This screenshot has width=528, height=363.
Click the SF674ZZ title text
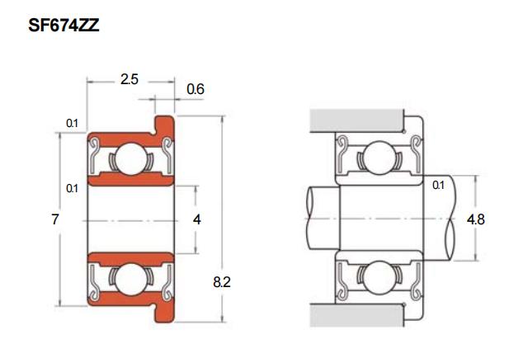tap(64, 26)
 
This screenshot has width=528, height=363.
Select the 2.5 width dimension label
tap(130, 79)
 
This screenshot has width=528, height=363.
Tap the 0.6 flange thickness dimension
tap(196, 89)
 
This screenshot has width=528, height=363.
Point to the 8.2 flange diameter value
tap(222, 282)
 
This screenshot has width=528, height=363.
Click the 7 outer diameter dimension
tap(55, 219)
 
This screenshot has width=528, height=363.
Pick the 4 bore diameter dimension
tap(197, 220)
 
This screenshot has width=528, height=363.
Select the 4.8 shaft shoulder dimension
tap(476, 219)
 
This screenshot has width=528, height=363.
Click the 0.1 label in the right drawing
tap(438, 185)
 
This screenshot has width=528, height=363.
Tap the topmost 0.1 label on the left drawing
tap(72, 123)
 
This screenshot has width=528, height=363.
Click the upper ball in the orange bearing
tap(131, 159)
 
